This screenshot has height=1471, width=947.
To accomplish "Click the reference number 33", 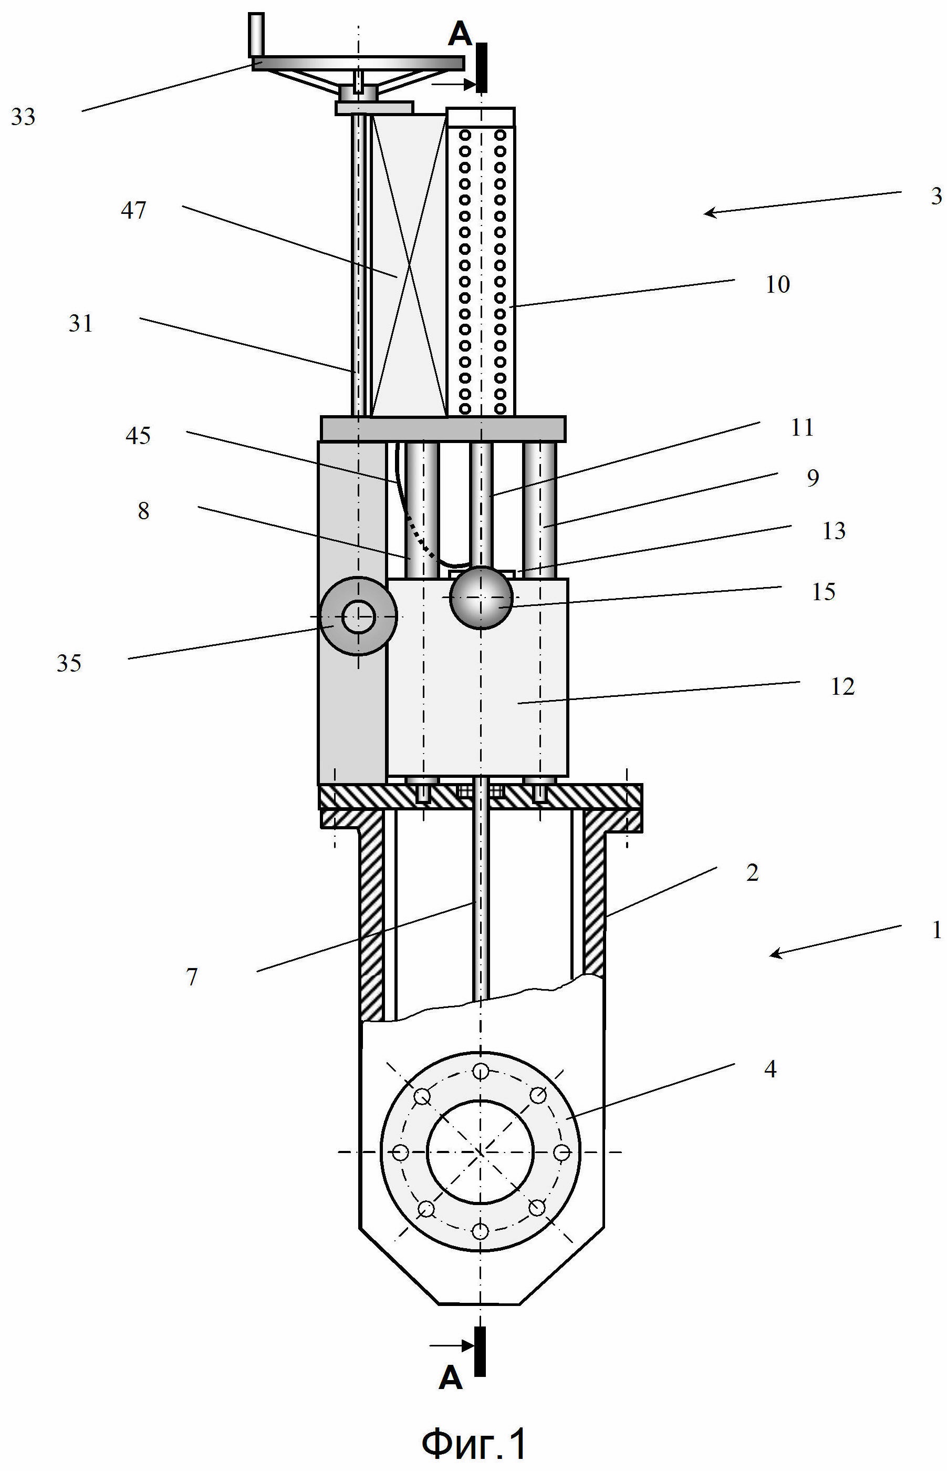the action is (x=23, y=116).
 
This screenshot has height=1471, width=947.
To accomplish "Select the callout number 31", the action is (x=80, y=324).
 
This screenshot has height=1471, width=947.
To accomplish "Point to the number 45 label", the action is (x=138, y=436).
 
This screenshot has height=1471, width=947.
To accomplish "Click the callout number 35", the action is (x=69, y=663).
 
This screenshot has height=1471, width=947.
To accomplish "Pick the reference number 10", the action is (x=777, y=284).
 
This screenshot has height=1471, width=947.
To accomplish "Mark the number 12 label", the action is (x=842, y=686).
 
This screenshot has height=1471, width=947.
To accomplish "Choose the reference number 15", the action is (x=824, y=592).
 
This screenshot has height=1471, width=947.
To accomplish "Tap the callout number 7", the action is (x=192, y=977).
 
